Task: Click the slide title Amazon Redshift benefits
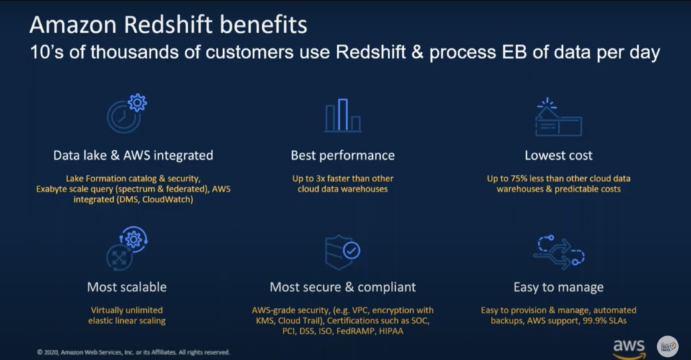[x=168, y=25]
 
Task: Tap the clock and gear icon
[x=127, y=113]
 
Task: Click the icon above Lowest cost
[x=558, y=117]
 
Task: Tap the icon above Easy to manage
[x=558, y=251]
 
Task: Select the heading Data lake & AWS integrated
[x=133, y=155]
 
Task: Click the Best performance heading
[x=343, y=155]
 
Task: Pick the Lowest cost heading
[x=559, y=155]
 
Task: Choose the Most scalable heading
[x=127, y=287]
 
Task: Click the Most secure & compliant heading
[x=343, y=287]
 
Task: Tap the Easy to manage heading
[x=559, y=287]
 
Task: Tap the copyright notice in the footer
[x=133, y=352]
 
